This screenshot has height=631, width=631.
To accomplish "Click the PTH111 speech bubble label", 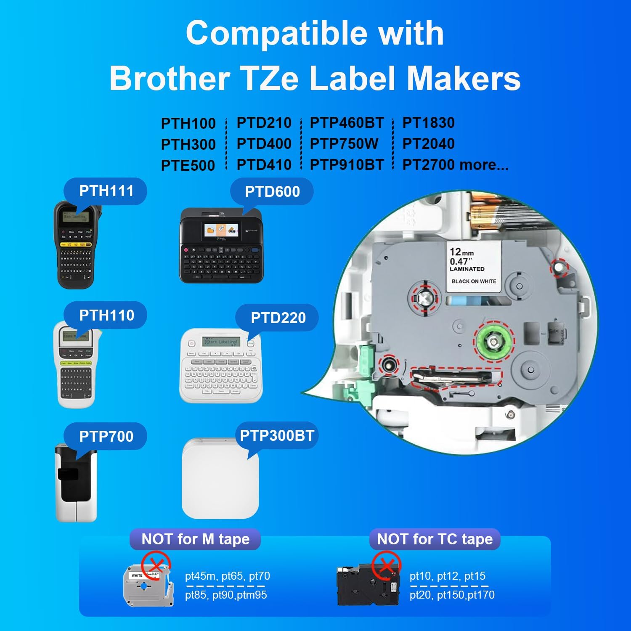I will [106, 191].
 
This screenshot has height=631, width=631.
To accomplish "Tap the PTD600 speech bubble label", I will [272, 192].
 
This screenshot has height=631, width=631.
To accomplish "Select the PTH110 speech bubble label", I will [106, 315].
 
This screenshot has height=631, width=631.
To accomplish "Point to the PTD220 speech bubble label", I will [278, 318].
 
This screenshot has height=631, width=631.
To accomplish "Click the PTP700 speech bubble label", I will [106, 436].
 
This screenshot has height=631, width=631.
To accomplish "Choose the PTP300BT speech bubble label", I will [277, 435].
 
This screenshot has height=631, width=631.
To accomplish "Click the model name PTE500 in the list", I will [188, 165].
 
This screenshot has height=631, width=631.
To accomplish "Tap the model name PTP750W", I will [344, 144].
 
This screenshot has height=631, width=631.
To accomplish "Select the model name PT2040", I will [428, 144].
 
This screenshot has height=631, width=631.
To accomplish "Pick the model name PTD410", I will [264, 165].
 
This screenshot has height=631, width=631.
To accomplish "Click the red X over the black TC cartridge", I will [386, 565].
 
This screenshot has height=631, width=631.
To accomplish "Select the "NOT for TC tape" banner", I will [435, 539].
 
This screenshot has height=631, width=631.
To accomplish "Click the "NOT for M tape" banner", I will [195, 539].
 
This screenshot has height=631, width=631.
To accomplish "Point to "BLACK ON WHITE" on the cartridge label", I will [474, 281].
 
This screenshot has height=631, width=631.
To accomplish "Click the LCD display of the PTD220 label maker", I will [221, 342].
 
